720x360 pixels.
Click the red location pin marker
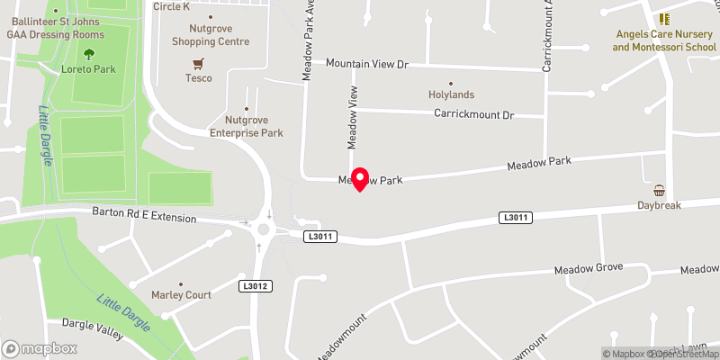(x=360, y=178)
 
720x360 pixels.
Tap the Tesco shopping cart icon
(x=198, y=63)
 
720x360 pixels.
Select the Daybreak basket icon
(x=660, y=191)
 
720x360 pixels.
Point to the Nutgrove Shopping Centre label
(x=211, y=34)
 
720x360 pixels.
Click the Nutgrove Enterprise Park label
(x=254, y=126)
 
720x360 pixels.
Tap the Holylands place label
(x=450, y=94)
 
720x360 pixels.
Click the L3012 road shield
(x=256, y=286)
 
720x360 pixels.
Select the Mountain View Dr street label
(x=367, y=65)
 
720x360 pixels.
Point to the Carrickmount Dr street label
(x=473, y=115)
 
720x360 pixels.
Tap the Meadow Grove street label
(x=589, y=268)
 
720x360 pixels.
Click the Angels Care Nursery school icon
(x=664, y=18)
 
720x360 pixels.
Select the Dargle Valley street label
(x=92, y=328)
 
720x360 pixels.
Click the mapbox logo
(x=40, y=349)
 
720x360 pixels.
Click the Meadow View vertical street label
(x=354, y=117)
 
